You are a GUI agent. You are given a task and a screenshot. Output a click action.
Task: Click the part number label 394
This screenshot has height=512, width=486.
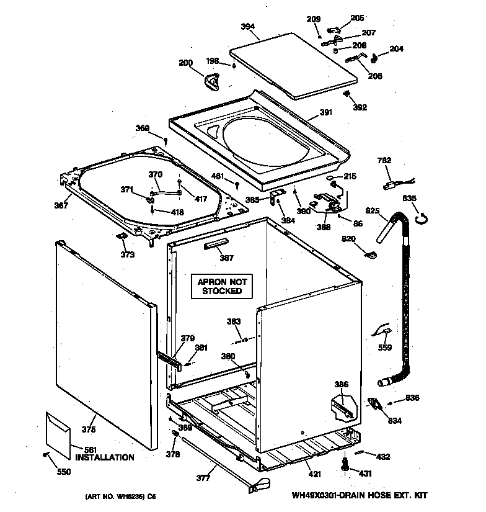[x=248, y=27]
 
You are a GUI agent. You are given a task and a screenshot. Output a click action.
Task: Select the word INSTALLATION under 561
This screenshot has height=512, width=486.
[x=104, y=457]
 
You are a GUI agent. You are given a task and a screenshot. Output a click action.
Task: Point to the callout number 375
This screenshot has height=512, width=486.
[x=89, y=429]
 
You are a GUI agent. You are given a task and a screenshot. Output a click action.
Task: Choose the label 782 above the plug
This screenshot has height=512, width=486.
[x=384, y=161]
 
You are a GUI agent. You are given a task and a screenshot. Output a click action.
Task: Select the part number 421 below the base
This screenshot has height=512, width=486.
[x=315, y=475]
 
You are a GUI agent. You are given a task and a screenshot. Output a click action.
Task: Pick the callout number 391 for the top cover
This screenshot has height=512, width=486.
[x=326, y=112]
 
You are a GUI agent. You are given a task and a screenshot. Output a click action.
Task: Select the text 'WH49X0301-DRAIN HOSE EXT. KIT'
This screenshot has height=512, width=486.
[x=359, y=495]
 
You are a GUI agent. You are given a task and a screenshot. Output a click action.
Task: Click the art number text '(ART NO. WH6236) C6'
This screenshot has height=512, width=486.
[x=120, y=496]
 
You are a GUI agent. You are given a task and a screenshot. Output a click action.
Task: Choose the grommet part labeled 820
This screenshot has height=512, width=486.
[x=371, y=254]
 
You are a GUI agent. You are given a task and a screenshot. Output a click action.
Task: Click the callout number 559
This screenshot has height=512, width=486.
[x=384, y=348]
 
